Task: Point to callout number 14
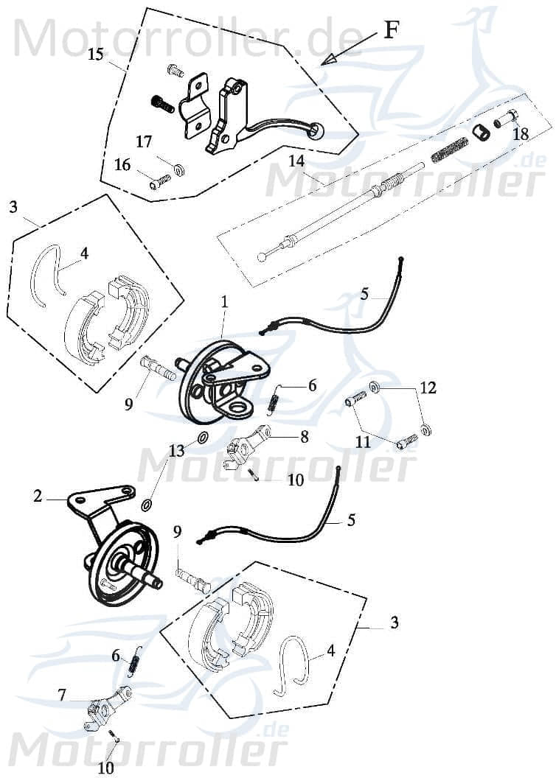[x=296, y=161]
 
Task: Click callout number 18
[x=521, y=134]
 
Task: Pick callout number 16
[x=122, y=166]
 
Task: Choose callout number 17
[x=144, y=141]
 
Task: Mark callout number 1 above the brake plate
[x=224, y=301]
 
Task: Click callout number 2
[x=38, y=497]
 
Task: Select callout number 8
[x=303, y=437]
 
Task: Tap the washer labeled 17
[x=178, y=171]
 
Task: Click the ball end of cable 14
[x=262, y=257]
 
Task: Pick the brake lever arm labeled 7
[x=107, y=709]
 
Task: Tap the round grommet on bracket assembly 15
[x=317, y=131]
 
